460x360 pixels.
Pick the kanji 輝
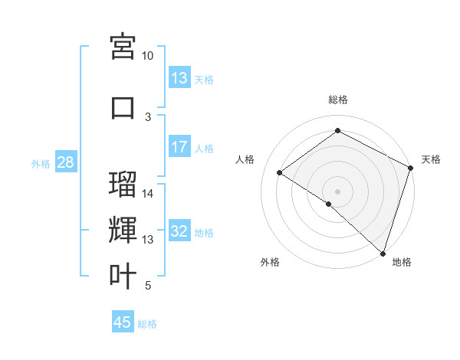click(123, 231)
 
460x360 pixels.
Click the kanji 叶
click(123, 276)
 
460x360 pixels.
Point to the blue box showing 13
click(179, 78)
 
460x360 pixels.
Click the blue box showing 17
click(179, 147)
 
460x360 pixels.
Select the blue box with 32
click(179, 232)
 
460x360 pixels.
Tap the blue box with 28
click(65, 162)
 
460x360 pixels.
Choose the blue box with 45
click(123, 322)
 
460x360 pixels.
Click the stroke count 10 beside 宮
click(148, 56)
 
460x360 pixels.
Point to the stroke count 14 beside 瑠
click(148, 194)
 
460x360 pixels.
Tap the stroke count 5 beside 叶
click(148, 286)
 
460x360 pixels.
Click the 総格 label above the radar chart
click(337, 100)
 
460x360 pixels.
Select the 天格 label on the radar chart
click(431, 159)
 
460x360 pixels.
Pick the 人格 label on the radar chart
click(245, 159)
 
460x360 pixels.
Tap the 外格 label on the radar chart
click(270, 262)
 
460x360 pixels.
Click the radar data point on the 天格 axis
click(411, 169)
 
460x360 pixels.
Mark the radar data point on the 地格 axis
click(383, 254)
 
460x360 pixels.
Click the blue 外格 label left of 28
click(40, 163)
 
